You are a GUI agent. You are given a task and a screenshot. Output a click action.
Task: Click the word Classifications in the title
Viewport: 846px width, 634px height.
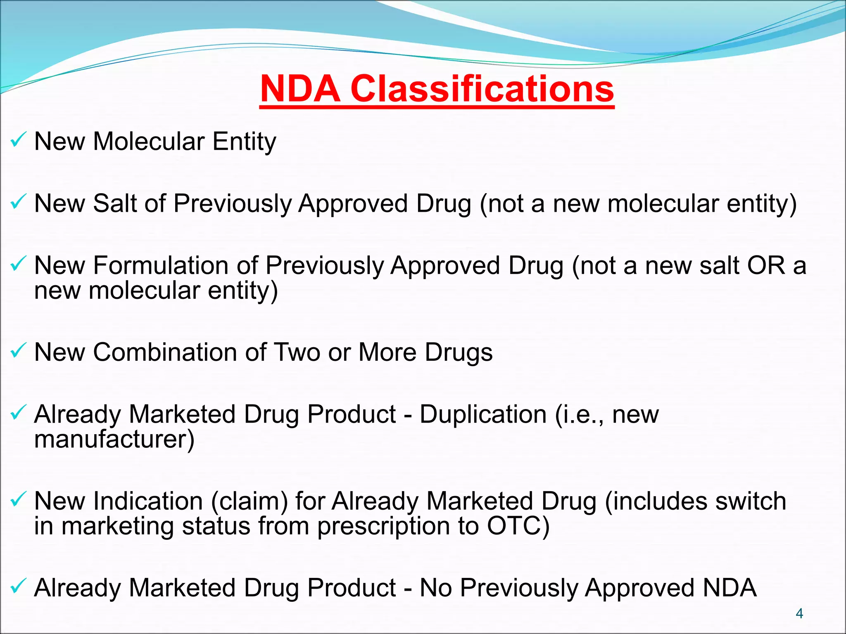(482, 89)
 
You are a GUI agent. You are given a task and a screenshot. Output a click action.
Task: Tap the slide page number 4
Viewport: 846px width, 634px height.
(799, 613)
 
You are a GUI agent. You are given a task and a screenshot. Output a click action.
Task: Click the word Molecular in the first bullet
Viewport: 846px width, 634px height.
(149, 142)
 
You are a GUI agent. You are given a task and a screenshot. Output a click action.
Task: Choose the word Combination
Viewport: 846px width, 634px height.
(165, 352)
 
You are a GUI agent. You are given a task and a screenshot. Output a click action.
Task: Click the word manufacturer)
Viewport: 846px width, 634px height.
(114, 439)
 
